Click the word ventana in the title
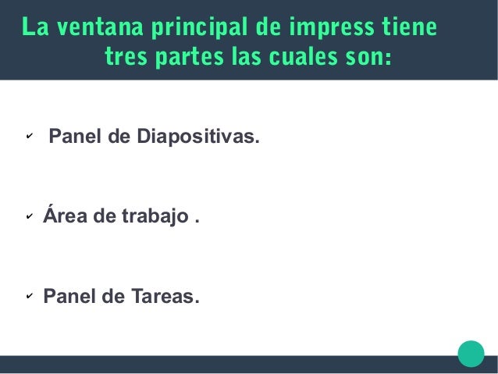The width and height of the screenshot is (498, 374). [94, 29]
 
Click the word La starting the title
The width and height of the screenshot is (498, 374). [33, 29]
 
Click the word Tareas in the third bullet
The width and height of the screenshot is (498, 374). [162, 297]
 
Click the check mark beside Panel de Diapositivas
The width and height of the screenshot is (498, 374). [28, 139]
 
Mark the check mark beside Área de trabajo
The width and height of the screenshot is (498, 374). [28, 218]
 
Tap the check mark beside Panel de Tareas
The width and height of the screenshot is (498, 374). [28, 297]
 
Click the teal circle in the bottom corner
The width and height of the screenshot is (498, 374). [471, 353]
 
